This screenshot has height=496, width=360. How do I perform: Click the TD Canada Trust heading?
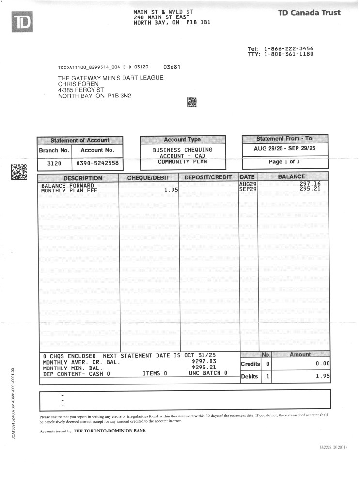[x=309, y=13]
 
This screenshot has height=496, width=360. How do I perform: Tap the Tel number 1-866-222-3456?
[x=288, y=49]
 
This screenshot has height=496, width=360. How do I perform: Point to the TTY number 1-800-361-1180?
[x=288, y=54]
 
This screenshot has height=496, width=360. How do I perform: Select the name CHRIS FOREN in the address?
[x=78, y=84]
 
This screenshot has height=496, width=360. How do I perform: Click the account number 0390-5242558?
[x=97, y=163]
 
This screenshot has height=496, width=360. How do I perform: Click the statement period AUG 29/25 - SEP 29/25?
[x=284, y=148]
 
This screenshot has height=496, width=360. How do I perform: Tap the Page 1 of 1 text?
[x=284, y=162]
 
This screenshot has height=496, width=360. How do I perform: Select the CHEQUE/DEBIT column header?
[x=149, y=178]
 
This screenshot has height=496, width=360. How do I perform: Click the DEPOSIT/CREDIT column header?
[x=208, y=178]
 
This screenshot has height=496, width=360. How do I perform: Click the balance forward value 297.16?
[x=310, y=184]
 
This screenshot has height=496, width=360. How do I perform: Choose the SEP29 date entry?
[x=248, y=189]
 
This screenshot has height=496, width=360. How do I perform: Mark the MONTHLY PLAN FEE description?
[x=69, y=191]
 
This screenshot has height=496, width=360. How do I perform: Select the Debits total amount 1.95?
[x=322, y=376]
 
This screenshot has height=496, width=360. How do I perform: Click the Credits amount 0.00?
[x=322, y=364]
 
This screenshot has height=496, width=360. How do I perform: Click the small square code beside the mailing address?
[x=191, y=102]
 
